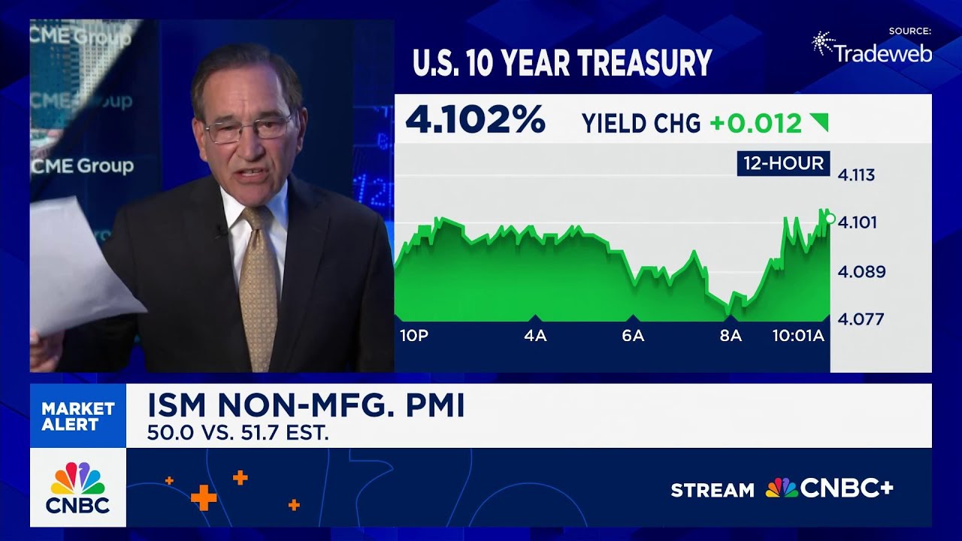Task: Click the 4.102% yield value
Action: [x=475, y=120]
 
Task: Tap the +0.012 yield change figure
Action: [x=755, y=123]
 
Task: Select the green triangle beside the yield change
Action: [x=819, y=122]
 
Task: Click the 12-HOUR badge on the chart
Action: [x=783, y=163]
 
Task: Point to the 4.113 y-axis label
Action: [x=856, y=175]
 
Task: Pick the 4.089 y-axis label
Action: [x=861, y=271]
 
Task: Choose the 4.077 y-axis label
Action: [x=861, y=319]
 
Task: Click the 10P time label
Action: [x=413, y=336]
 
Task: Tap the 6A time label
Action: [x=633, y=336]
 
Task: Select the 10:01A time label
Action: [x=798, y=336]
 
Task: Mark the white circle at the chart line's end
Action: [x=830, y=219]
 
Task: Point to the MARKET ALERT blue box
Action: [x=78, y=416]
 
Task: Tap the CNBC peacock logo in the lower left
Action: [x=78, y=479]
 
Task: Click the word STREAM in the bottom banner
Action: [x=712, y=490]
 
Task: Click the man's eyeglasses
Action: [x=248, y=128]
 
